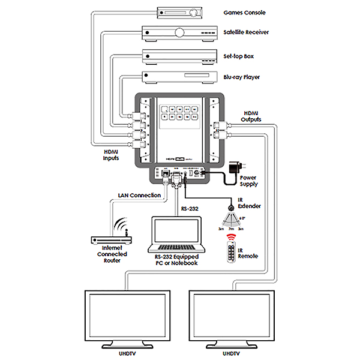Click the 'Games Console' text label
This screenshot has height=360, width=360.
[244, 12]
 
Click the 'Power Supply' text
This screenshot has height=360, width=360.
[248, 181]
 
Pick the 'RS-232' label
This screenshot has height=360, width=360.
[190, 209]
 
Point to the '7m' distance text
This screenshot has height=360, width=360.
[231, 229]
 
